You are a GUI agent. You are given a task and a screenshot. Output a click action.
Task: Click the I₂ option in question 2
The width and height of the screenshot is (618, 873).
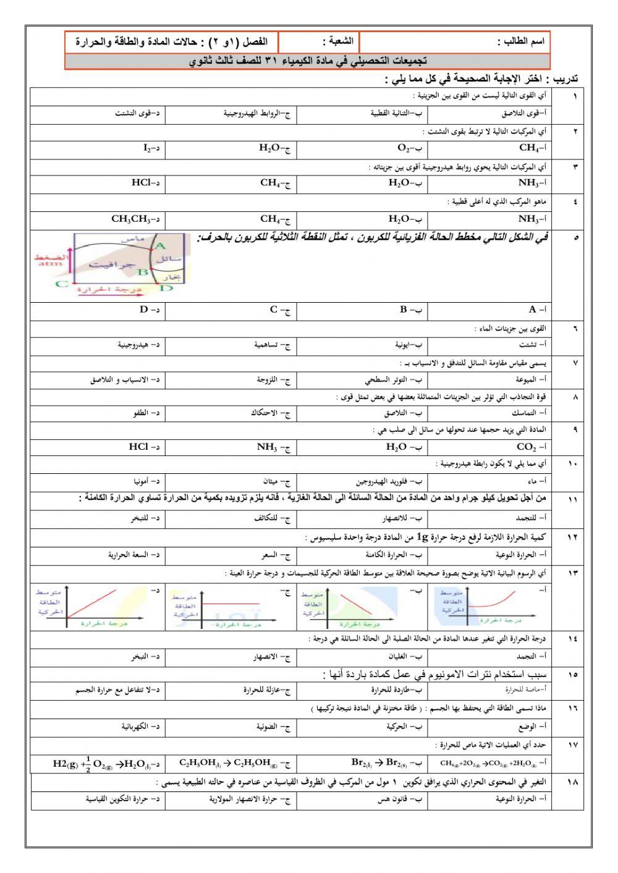click(150, 148)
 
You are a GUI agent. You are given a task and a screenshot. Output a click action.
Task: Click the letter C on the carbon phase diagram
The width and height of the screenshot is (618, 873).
click(62, 284)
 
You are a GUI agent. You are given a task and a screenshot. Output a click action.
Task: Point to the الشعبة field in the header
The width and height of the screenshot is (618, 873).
click(338, 42)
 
